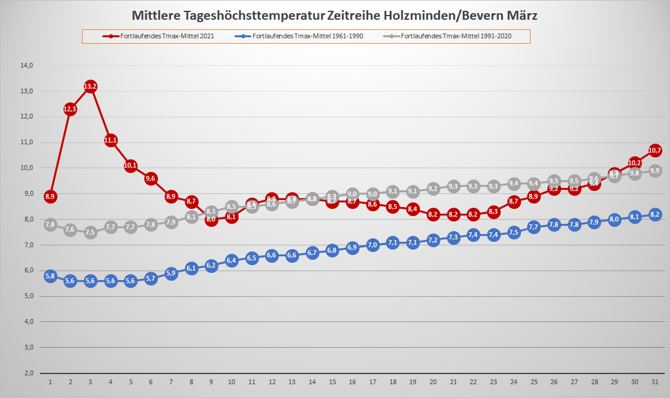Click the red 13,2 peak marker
click(90, 87)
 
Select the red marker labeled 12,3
click(70, 109)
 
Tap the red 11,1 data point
click(111, 141)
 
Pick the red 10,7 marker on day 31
click(654, 150)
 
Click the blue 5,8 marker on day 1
click(50, 276)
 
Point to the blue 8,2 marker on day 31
click(654, 214)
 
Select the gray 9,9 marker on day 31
click(654, 171)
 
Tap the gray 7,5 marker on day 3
click(90, 232)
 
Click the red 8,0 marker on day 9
click(211, 220)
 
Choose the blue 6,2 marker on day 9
click(211, 266)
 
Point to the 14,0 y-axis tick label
click(28, 65)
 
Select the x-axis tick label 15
click(332, 382)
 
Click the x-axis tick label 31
click(654, 382)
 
